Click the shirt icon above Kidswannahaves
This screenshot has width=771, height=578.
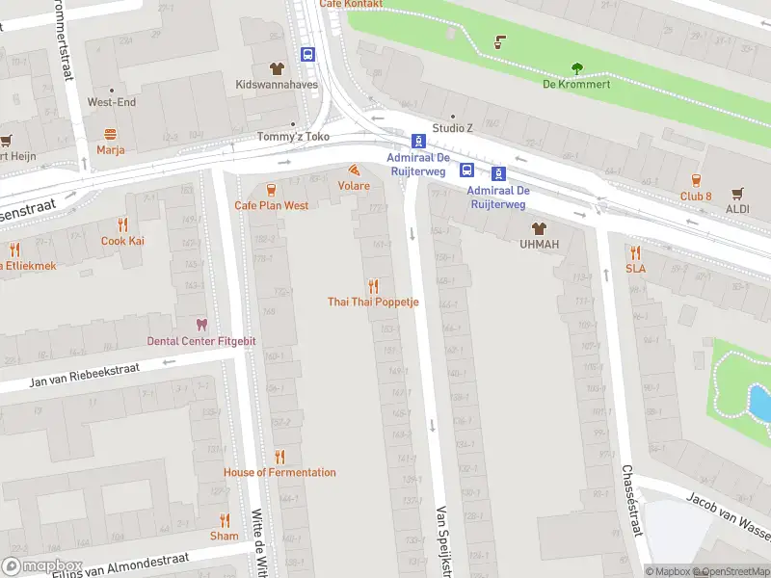point(277,68)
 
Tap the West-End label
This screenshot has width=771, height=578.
point(112,102)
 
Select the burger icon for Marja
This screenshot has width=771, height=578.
point(111,134)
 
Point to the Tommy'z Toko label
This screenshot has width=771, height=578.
point(292,137)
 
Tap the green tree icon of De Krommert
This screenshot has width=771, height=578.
point(577,67)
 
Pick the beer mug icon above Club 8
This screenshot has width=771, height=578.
point(695,180)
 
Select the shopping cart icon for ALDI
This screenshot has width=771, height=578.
point(737,194)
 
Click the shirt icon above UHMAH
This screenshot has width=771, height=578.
point(539,228)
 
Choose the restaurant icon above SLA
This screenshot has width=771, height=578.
point(635,251)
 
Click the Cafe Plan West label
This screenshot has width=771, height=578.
point(271,205)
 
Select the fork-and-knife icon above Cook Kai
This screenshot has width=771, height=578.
point(122,224)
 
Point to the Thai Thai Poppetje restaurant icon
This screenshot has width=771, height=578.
point(373,285)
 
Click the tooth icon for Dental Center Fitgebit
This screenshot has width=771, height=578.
point(201,325)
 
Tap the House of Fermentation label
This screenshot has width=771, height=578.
point(279,472)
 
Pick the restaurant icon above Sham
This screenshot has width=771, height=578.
point(225,519)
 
